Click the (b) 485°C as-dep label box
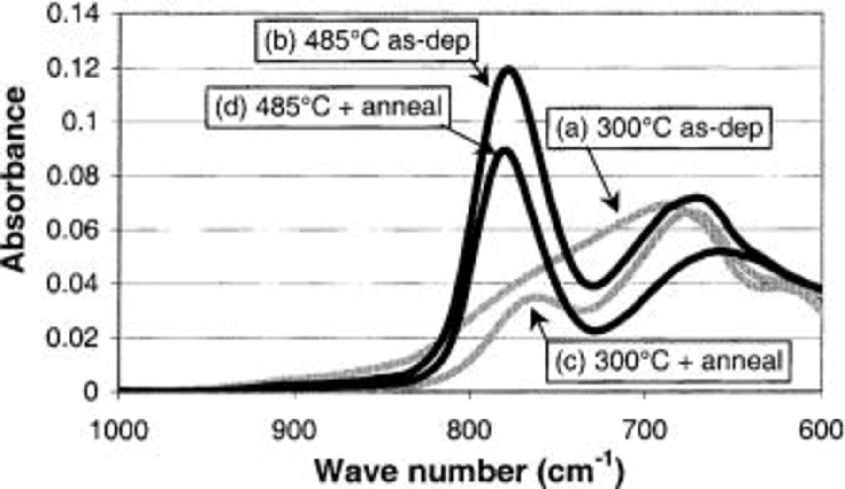(x=366, y=41)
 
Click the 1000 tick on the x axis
(x=118, y=430)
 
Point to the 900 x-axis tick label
(x=294, y=430)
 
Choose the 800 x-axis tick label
(x=470, y=430)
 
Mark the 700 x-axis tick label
(x=645, y=430)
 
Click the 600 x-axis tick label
(x=821, y=430)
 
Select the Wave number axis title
(x=469, y=471)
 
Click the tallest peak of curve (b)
(x=508, y=70)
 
